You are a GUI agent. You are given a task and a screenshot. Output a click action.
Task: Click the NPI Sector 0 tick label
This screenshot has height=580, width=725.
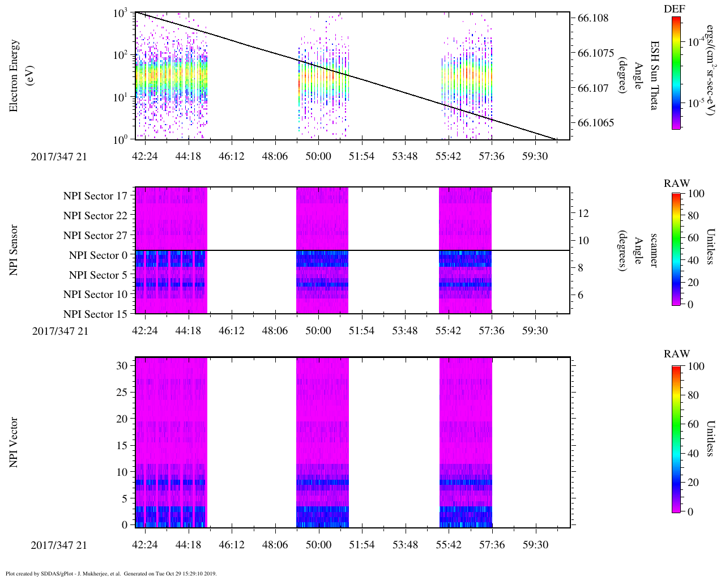tap(99, 255)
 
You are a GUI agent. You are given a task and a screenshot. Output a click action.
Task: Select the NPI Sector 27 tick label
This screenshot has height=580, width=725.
tap(96, 236)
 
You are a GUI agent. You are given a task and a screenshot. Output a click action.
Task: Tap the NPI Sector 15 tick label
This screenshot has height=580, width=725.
tap(96, 314)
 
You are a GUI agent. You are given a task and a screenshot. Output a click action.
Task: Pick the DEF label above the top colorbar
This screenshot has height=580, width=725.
tap(674, 8)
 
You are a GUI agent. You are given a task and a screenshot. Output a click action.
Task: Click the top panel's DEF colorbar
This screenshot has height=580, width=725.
tap(676, 73)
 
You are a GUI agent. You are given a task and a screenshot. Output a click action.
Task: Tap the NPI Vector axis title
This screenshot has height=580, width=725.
tap(14, 442)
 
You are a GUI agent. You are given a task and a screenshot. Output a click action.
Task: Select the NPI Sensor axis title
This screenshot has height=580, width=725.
tap(14, 250)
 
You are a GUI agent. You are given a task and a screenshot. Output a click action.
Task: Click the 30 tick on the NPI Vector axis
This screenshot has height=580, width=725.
tap(122, 366)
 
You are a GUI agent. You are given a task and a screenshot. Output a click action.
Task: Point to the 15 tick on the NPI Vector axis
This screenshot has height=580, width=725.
tap(122, 446)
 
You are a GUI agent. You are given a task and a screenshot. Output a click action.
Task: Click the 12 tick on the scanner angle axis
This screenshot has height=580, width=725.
tap(583, 214)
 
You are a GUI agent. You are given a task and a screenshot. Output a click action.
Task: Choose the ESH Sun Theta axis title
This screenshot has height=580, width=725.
tap(654, 75)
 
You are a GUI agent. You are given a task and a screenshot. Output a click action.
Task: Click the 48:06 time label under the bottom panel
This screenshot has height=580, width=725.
tap(275, 545)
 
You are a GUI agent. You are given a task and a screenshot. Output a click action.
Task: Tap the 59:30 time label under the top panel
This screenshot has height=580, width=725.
tap(535, 156)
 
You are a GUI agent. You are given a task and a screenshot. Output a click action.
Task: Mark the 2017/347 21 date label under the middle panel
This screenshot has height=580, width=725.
tap(60, 331)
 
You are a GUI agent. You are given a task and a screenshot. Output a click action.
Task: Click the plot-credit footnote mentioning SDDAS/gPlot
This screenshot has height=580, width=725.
tap(111, 574)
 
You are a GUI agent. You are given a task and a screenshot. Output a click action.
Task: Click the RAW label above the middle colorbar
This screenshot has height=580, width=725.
tap(677, 183)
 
